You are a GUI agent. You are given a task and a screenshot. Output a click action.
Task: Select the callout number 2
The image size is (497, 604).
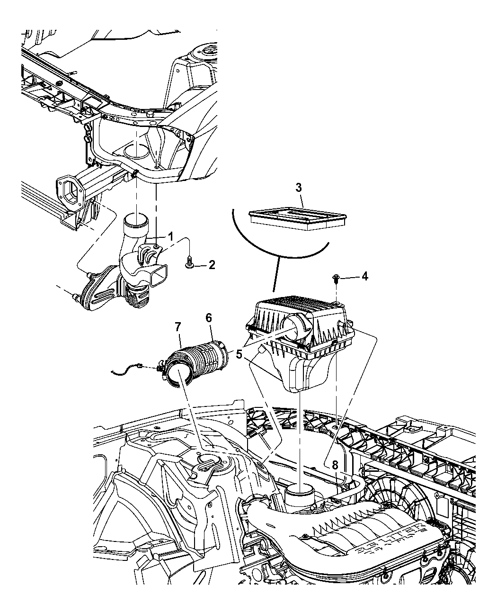click(211, 265)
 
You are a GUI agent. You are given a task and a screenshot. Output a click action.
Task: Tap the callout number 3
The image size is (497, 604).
click(299, 188)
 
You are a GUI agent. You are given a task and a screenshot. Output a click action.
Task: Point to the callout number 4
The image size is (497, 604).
click(365, 276)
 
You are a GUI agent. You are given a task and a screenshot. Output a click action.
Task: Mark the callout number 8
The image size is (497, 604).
click(335, 465)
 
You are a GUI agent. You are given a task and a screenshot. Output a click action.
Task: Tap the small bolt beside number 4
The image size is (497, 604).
click(336, 278)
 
